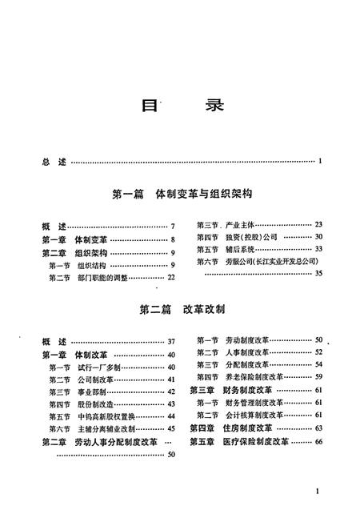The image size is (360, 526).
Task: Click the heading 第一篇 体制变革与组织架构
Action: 183,195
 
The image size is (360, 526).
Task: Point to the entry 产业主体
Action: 239,225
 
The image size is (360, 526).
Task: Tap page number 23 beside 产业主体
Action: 318,225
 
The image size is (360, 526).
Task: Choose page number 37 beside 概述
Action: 170,341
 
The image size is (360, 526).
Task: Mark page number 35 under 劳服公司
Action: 318,274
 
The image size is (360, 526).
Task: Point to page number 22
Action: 170,277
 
